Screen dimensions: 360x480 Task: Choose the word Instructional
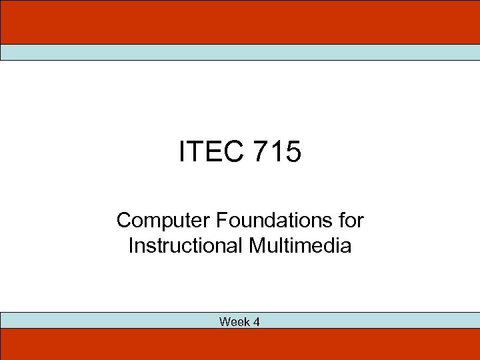[x=186, y=245]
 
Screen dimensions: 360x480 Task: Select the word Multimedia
[x=300, y=245]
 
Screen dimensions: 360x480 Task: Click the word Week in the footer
[x=234, y=322]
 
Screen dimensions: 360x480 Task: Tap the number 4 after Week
[x=256, y=322]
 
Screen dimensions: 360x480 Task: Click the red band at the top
[x=240, y=22]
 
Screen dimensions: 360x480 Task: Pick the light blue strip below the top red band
[x=240, y=53]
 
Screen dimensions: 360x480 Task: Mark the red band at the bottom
[x=240, y=344]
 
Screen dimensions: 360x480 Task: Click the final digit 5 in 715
[x=293, y=152]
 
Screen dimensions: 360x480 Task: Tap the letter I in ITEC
[x=182, y=152]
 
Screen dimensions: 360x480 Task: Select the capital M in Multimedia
[x=257, y=245]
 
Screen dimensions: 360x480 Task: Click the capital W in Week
[x=224, y=322]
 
